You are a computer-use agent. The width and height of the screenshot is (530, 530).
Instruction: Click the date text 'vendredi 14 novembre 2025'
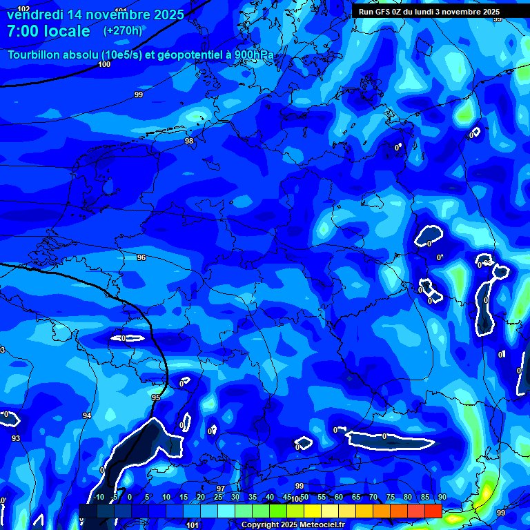(95, 14)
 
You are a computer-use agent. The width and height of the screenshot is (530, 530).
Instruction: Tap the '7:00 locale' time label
(48, 31)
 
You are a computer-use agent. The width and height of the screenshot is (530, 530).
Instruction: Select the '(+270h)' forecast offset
(123, 30)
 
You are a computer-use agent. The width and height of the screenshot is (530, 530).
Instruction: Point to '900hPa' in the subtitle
(254, 55)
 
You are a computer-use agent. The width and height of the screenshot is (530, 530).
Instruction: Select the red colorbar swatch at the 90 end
(433, 511)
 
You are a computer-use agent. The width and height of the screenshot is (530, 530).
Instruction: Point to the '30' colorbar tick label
(235, 498)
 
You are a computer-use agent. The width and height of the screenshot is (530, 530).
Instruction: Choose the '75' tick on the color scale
(391, 498)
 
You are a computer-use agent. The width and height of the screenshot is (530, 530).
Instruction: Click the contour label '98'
(189, 141)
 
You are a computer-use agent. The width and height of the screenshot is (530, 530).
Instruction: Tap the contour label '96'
(141, 257)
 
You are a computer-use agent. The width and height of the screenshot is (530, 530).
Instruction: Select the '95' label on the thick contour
(156, 398)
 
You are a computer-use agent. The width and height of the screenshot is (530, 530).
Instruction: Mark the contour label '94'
(87, 415)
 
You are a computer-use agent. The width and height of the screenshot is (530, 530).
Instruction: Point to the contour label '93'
(16, 438)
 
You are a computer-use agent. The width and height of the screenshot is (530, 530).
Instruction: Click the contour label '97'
(221, 489)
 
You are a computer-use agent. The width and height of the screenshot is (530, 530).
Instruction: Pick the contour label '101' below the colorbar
(193, 525)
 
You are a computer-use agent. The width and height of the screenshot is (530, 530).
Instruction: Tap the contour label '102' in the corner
(24, 8)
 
